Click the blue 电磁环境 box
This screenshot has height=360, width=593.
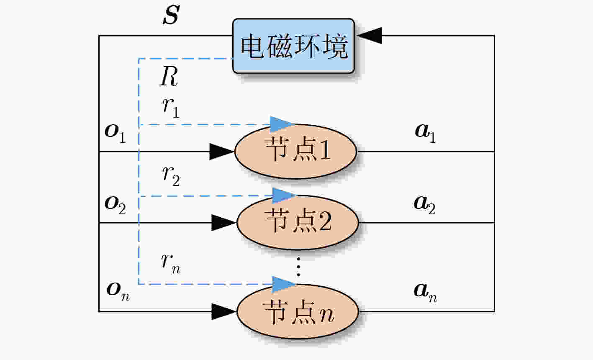click(x=293, y=46)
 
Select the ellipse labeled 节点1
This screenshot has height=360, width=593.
click(x=296, y=152)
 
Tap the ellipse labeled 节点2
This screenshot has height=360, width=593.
click(x=298, y=223)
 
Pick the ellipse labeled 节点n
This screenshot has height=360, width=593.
click(x=298, y=311)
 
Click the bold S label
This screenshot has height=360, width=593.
click(x=171, y=15)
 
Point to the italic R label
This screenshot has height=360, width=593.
click(x=169, y=76)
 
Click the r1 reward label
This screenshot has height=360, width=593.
click(x=171, y=108)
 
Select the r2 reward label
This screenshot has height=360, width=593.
click(x=171, y=176)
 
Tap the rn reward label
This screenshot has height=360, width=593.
click(x=171, y=264)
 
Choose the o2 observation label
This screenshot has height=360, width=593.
click(x=115, y=205)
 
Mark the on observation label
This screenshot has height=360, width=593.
click(x=118, y=292)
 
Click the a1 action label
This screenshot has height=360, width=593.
click(x=425, y=133)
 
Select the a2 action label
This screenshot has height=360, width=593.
click(x=425, y=205)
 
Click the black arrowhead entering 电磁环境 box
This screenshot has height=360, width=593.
click(x=370, y=35)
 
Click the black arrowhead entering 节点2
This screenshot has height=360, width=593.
click(x=223, y=223)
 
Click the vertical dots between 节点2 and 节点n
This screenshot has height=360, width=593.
click(x=299, y=267)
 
